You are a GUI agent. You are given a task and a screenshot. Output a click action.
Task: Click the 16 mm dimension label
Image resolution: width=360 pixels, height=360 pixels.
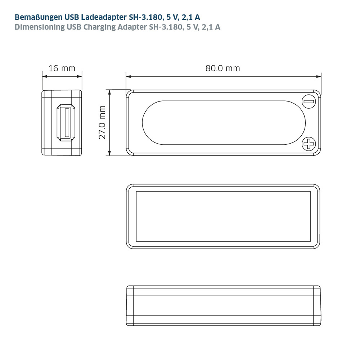tap(62, 68)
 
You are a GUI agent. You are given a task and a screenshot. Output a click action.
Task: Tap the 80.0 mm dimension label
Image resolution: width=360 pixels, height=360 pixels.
tap(223, 68)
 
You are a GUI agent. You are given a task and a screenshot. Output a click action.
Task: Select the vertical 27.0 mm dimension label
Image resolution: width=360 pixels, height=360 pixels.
tap(102, 122)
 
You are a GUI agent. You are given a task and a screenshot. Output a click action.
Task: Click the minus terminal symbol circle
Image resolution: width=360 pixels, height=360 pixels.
tap(309, 102)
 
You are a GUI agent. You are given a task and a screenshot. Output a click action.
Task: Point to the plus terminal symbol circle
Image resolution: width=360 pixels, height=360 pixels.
tap(309, 144)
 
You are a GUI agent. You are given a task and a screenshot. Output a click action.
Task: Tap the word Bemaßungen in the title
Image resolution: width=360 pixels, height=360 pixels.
tap(39, 17)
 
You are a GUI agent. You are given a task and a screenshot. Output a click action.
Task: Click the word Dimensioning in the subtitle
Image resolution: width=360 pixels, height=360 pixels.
tap(40, 27)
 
